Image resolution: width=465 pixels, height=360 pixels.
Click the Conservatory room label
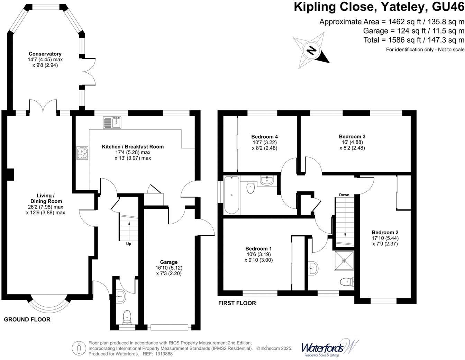tap(45, 54)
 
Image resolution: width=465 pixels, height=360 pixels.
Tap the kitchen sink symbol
tap(112, 123)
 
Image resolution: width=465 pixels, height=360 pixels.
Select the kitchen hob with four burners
tap(82, 153)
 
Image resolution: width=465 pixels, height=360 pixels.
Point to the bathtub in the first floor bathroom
tap(231, 195)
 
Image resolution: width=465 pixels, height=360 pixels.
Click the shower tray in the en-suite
tap(344, 260)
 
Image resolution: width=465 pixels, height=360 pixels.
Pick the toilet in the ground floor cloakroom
tap(127, 316)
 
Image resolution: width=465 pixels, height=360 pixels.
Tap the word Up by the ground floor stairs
tap(129, 244)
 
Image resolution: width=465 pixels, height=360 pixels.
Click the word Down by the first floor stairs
tap(344, 195)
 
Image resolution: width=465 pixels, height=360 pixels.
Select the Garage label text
tap(168, 262)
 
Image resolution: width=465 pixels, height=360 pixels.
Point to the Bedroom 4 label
tap(264, 136)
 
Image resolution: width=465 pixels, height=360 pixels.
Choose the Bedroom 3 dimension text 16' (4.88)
tap(352, 142)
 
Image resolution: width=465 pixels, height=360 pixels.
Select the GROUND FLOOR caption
tap(27, 319)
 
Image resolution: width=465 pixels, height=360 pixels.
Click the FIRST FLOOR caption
tap(237, 303)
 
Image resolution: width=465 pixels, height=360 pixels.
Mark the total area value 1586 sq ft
tap(386, 40)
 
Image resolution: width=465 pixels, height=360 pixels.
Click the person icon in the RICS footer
tap(79, 348)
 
